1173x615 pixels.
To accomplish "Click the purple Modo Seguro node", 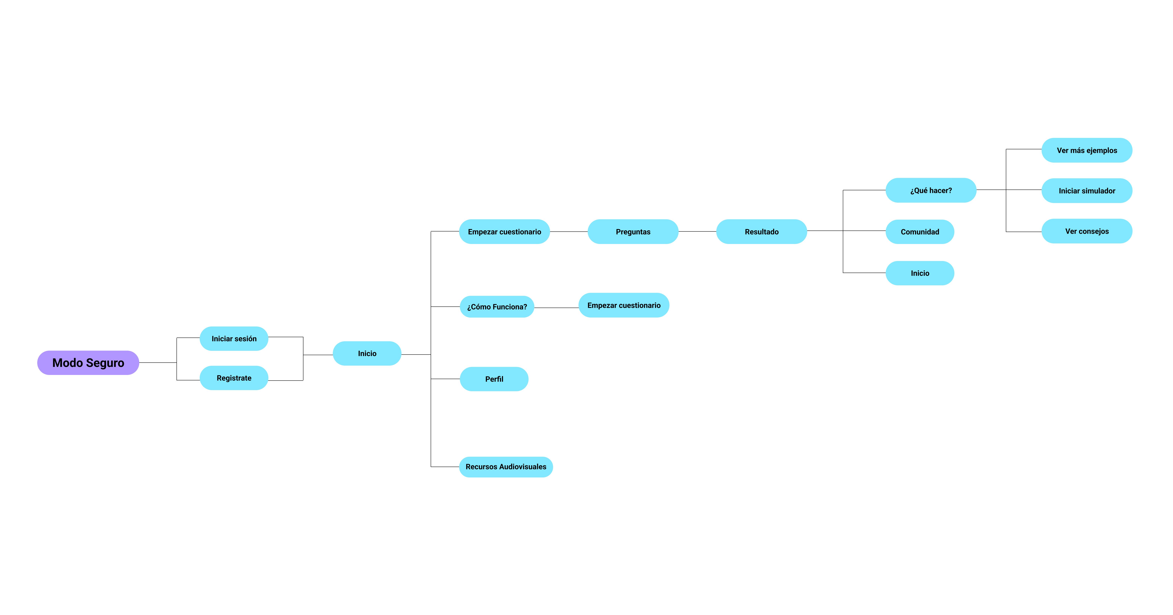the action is click(x=88, y=363).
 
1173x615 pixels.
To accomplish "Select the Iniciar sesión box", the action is click(x=234, y=339).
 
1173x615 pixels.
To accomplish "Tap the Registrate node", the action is click(x=234, y=378).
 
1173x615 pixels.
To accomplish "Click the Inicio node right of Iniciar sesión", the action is click(x=367, y=353).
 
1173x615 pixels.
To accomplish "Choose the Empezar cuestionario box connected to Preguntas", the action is click(x=505, y=232).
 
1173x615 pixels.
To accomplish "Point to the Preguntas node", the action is click(x=633, y=232).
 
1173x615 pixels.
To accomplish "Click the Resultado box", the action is click(x=762, y=232).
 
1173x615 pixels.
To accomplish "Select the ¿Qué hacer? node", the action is click(x=931, y=190).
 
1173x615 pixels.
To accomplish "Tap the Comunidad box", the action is click(x=920, y=232).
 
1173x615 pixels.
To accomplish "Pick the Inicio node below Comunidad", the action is click(x=920, y=273).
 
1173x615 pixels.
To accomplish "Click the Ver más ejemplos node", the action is click(x=1087, y=150).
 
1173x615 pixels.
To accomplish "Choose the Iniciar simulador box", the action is click(x=1087, y=191).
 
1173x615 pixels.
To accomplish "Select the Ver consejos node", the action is click(x=1087, y=231).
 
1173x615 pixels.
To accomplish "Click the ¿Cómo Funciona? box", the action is click(x=497, y=307).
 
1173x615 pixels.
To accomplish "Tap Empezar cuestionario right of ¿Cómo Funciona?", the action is click(x=624, y=305).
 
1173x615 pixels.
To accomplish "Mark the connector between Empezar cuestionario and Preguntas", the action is click(x=569, y=232).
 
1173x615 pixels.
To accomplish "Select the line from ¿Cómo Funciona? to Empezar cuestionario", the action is click(x=556, y=308).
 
